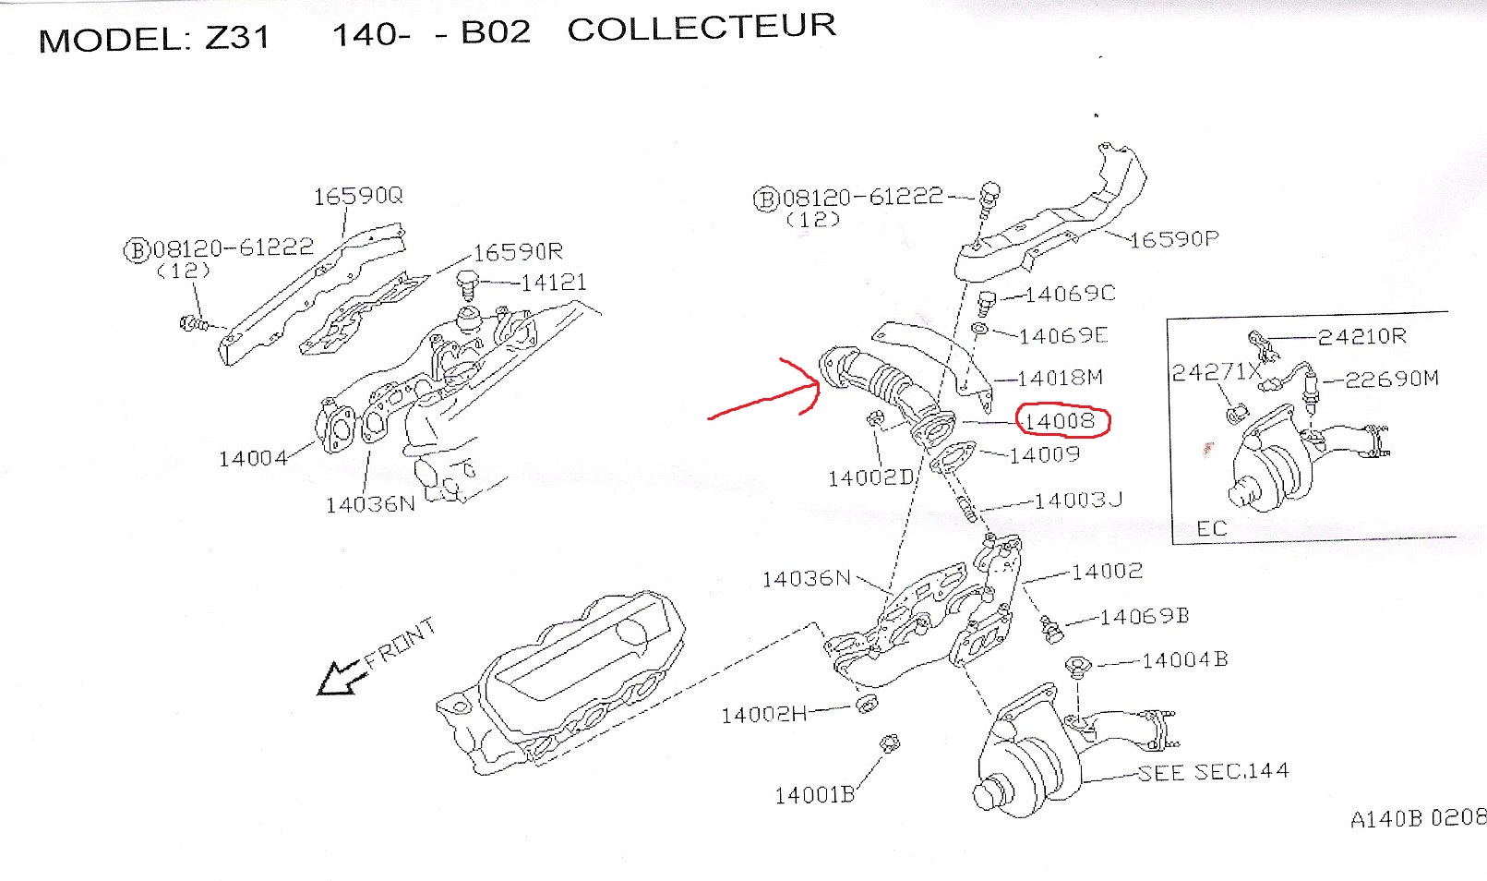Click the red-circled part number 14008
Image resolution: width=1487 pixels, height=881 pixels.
pyautogui.click(x=1060, y=422)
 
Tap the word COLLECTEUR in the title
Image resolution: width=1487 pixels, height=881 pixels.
pyautogui.click(x=702, y=28)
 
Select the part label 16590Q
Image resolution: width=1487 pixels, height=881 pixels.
pyautogui.click(x=358, y=196)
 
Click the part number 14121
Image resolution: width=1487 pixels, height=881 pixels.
pyautogui.click(x=553, y=283)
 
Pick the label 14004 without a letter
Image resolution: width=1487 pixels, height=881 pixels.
pyautogui.click(x=252, y=458)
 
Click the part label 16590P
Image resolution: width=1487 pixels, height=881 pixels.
pyautogui.click(x=1174, y=239)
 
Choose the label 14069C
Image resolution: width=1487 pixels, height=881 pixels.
pyautogui.click(x=1070, y=294)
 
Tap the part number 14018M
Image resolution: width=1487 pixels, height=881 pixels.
pyautogui.click(x=1060, y=378)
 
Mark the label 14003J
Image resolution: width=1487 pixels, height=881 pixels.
pyautogui.click(x=1078, y=501)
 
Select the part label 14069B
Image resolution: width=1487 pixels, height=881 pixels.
pyautogui.click(x=1145, y=616)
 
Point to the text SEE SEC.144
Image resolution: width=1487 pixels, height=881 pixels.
pyautogui.click(x=1213, y=772)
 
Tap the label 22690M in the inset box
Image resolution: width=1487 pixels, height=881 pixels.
pyautogui.click(x=1392, y=379)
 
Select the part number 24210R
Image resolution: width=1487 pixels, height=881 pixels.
pyautogui.click(x=1361, y=336)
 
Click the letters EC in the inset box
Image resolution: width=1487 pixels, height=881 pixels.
pyautogui.click(x=1211, y=528)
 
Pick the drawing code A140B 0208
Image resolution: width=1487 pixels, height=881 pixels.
pyautogui.click(x=1418, y=818)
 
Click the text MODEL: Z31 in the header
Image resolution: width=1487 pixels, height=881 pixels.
pyautogui.click(x=154, y=39)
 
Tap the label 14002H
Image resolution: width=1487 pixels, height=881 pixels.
pyautogui.click(x=763, y=714)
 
